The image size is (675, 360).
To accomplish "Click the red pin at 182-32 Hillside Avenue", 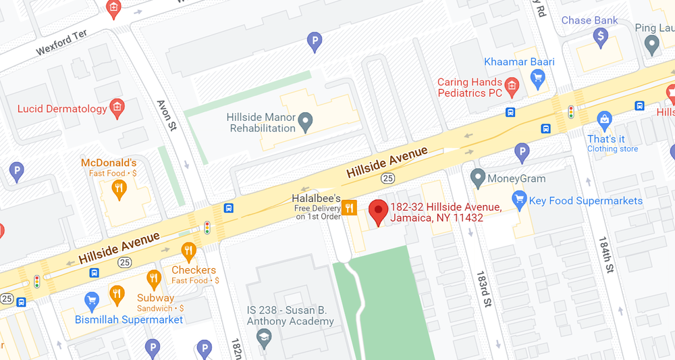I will point(378,211).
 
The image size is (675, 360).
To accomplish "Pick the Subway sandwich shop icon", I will point(155,278).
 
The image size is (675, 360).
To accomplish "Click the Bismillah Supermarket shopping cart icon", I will point(92,300).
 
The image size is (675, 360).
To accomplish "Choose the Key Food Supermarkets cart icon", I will point(518,199).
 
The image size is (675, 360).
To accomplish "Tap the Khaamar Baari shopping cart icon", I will point(537,79).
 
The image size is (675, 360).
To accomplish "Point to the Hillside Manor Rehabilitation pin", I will point(306,122).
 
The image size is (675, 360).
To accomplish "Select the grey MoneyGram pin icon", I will point(478,178).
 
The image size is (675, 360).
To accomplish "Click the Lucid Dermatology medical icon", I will point(117,107).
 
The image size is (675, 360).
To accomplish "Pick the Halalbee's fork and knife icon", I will point(349,207).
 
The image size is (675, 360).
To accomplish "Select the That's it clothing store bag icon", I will point(605,121).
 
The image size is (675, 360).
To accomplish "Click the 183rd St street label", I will point(483,289).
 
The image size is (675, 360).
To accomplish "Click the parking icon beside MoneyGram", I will point(522,152).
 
